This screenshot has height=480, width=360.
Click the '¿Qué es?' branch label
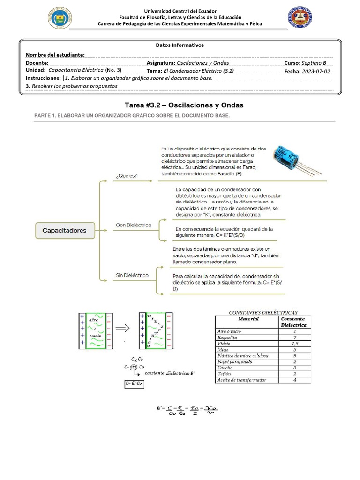[126, 176]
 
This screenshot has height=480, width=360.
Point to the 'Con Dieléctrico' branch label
[134, 225]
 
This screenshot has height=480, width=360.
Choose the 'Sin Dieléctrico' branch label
[132, 275]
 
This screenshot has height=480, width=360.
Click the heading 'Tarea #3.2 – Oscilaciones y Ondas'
[180, 105]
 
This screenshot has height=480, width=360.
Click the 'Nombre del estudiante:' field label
[55, 55]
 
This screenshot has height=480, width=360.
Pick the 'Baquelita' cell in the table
[228, 337]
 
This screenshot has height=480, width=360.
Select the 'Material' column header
[248, 319]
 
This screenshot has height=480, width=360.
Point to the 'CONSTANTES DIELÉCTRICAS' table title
[262, 312]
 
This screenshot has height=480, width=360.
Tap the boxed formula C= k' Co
[134, 383]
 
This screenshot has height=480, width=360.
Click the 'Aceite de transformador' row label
[242, 380]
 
